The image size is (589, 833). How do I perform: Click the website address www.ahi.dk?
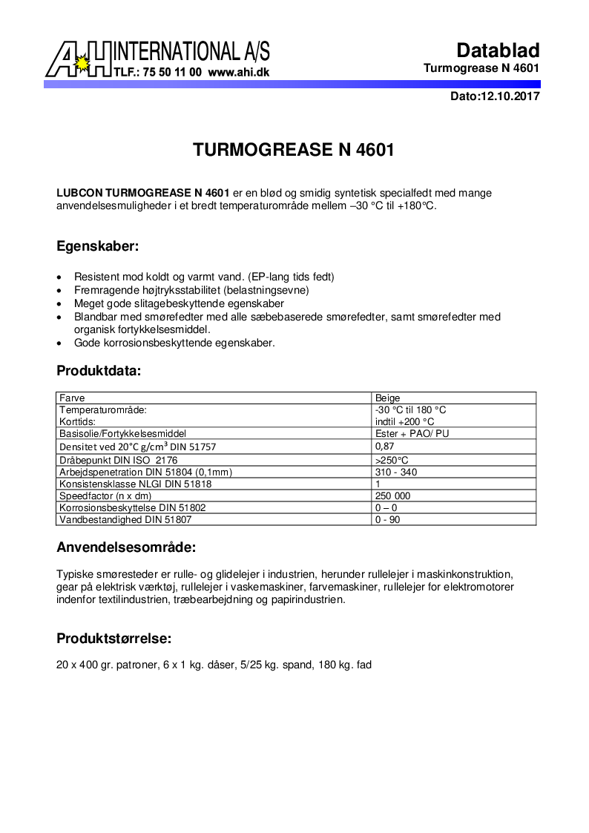[x=238, y=73]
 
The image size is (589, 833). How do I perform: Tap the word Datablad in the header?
[x=498, y=50]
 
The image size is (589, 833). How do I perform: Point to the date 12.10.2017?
[x=510, y=96]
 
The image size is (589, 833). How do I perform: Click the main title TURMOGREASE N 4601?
[x=293, y=150]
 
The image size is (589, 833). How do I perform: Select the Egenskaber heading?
[x=98, y=246]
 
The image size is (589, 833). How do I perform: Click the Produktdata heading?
[x=99, y=370]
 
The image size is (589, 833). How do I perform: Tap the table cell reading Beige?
[x=388, y=398]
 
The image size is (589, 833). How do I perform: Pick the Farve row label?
[x=72, y=398]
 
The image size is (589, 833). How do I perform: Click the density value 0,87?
[x=384, y=447]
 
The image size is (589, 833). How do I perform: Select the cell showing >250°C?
[x=392, y=460]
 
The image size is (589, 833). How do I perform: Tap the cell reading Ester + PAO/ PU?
[x=412, y=433]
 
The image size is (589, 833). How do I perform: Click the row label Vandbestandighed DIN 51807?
[x=121, y=519]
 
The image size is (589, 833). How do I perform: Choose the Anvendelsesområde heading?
[x=126, y=548]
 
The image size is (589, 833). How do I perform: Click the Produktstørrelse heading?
[x=114, y=639]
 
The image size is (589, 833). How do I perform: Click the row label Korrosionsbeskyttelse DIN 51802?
[x=132, y=507]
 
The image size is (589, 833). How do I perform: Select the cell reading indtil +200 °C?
[x=404, y=421]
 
